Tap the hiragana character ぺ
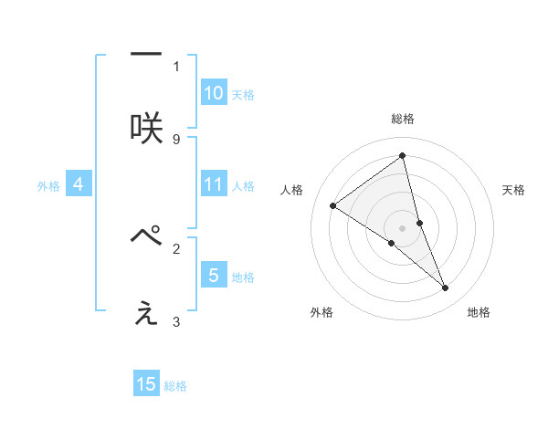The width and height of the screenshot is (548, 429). coord(146,237)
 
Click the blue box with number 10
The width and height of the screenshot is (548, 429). coord(213,93)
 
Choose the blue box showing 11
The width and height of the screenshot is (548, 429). coord(213,184)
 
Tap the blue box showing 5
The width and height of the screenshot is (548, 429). coord(213,275)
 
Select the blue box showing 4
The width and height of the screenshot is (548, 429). coord(79,184)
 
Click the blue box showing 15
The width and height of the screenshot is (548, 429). coord(146,384)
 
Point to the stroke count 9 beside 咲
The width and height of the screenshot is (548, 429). coord(175,139)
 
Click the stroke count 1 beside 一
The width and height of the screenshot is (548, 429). coord(175,66)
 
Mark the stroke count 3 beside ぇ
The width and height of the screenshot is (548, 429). coord(175,321)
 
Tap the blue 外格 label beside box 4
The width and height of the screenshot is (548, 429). coord(48,185)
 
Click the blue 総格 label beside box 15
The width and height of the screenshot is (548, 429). coord(175,386)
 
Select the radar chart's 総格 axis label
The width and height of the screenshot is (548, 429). coord(403,119)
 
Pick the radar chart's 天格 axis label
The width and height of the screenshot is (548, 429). coord(514,190)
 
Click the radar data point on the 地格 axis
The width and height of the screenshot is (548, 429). coord(446,288)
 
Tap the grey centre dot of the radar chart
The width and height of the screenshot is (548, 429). coord(403,227)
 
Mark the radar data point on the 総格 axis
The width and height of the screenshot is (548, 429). coord(403,156)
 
